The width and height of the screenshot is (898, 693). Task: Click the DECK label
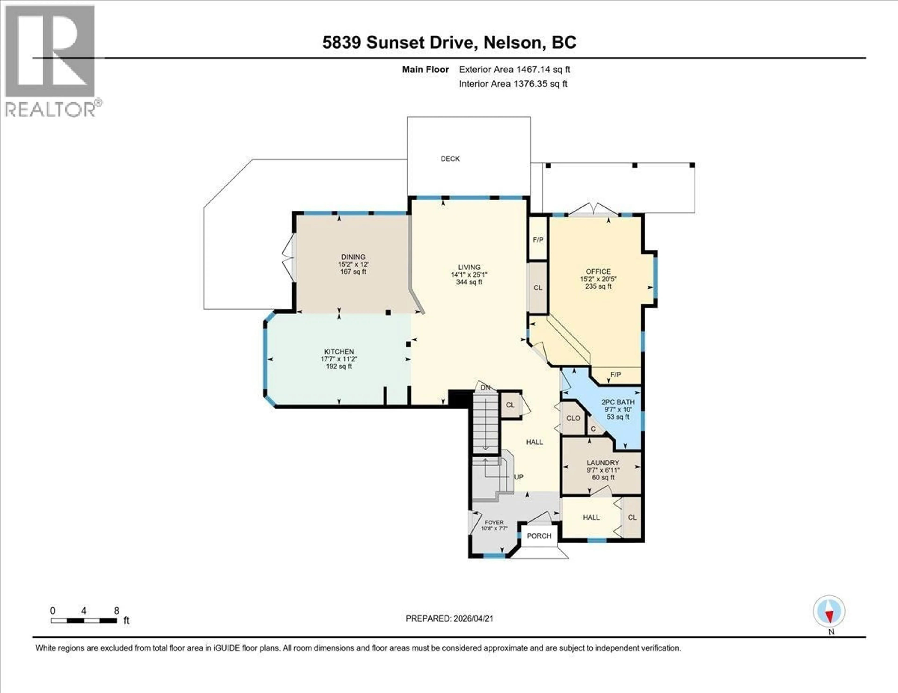coord(450,159)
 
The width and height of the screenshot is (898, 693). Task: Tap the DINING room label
coord(353,257)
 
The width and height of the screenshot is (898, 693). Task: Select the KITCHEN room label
coord(339,352)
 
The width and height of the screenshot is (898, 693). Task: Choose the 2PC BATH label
coord(618,402)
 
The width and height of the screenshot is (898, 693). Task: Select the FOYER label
coord(494,522)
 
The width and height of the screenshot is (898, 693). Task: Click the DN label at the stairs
coord(485,387)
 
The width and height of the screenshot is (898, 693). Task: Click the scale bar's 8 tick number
coord(116,611)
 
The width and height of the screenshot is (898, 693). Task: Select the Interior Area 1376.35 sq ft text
coord(513,84)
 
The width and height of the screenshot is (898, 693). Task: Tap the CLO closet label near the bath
coord(573,418)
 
